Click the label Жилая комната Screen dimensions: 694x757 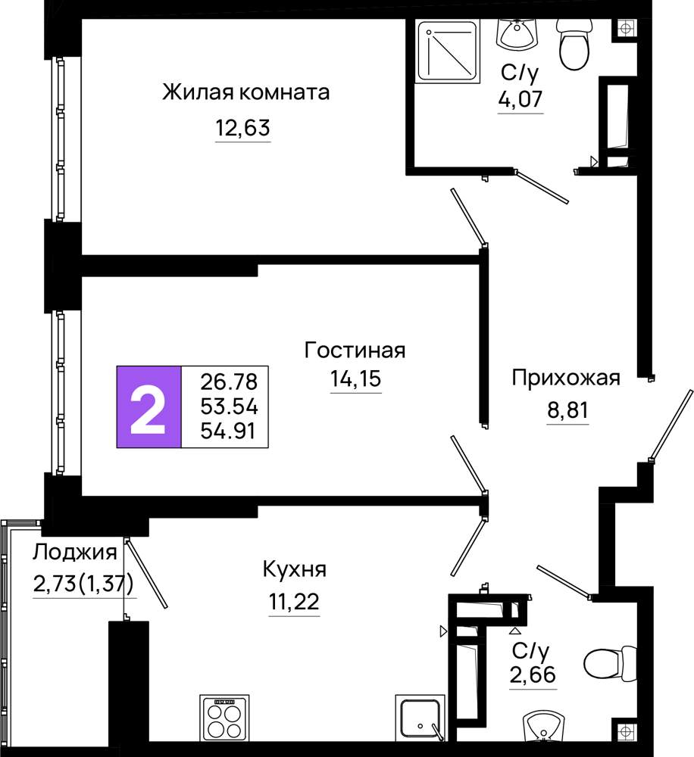246,92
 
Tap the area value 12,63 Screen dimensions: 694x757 242,129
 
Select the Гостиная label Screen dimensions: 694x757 355,350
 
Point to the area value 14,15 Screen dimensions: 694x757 355,379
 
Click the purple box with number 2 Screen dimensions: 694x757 148,407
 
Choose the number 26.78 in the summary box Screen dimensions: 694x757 229,382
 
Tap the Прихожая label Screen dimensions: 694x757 566,378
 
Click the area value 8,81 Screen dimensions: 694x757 568,410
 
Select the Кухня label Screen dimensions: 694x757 294,570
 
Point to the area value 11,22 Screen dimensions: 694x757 294,602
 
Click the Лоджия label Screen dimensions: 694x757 75,553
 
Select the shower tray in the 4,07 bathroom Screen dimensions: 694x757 448,51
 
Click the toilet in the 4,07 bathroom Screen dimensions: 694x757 574,44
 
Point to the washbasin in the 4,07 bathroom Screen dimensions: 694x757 517,34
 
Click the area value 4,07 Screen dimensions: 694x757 520,99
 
